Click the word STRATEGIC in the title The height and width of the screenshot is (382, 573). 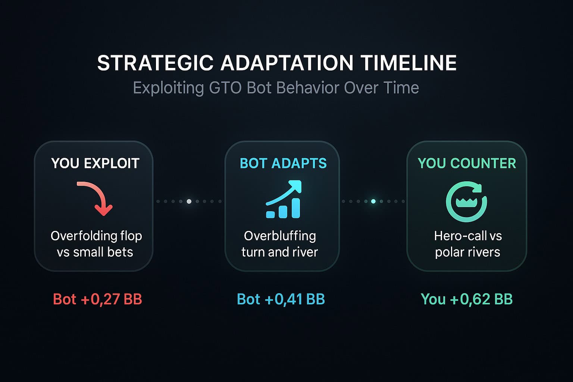pos(155,63)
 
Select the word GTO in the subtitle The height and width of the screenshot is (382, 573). pos(225,88)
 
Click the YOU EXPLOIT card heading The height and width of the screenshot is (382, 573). pos(95,163)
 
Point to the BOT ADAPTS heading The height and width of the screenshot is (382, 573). pos(283,163)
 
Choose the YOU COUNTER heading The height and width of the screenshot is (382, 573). pos(467,163)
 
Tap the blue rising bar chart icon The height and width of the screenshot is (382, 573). pos(284,199)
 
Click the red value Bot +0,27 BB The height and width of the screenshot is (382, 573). pos(97,299)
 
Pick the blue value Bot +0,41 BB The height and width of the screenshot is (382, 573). pos(281,299)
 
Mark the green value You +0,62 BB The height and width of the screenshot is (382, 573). pos(467,299)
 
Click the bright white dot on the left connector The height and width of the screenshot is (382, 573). pos(189,201)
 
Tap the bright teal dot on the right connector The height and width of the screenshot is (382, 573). pos(373,201)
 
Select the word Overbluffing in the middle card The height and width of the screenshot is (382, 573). pos(280,236)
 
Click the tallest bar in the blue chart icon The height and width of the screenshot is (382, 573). pos(296,208)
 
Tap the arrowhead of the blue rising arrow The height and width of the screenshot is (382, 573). pos(295,186)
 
